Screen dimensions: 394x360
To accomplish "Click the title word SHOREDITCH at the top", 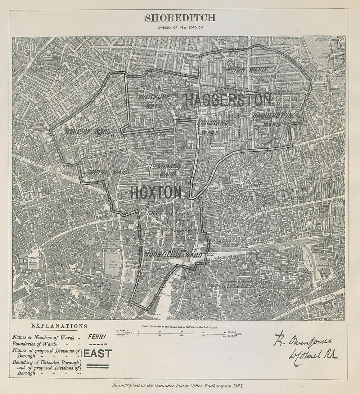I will click(180, 17).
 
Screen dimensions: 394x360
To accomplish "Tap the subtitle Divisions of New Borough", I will click(180, 27).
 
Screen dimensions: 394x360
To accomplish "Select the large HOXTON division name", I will click(156, 193).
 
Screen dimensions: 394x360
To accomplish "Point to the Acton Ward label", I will click(247, 70).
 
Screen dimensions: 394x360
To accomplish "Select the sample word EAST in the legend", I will click(98, 353).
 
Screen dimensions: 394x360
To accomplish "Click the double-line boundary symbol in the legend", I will click(97, 366).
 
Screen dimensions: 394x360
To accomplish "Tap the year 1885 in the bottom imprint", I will click(237, 386).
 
